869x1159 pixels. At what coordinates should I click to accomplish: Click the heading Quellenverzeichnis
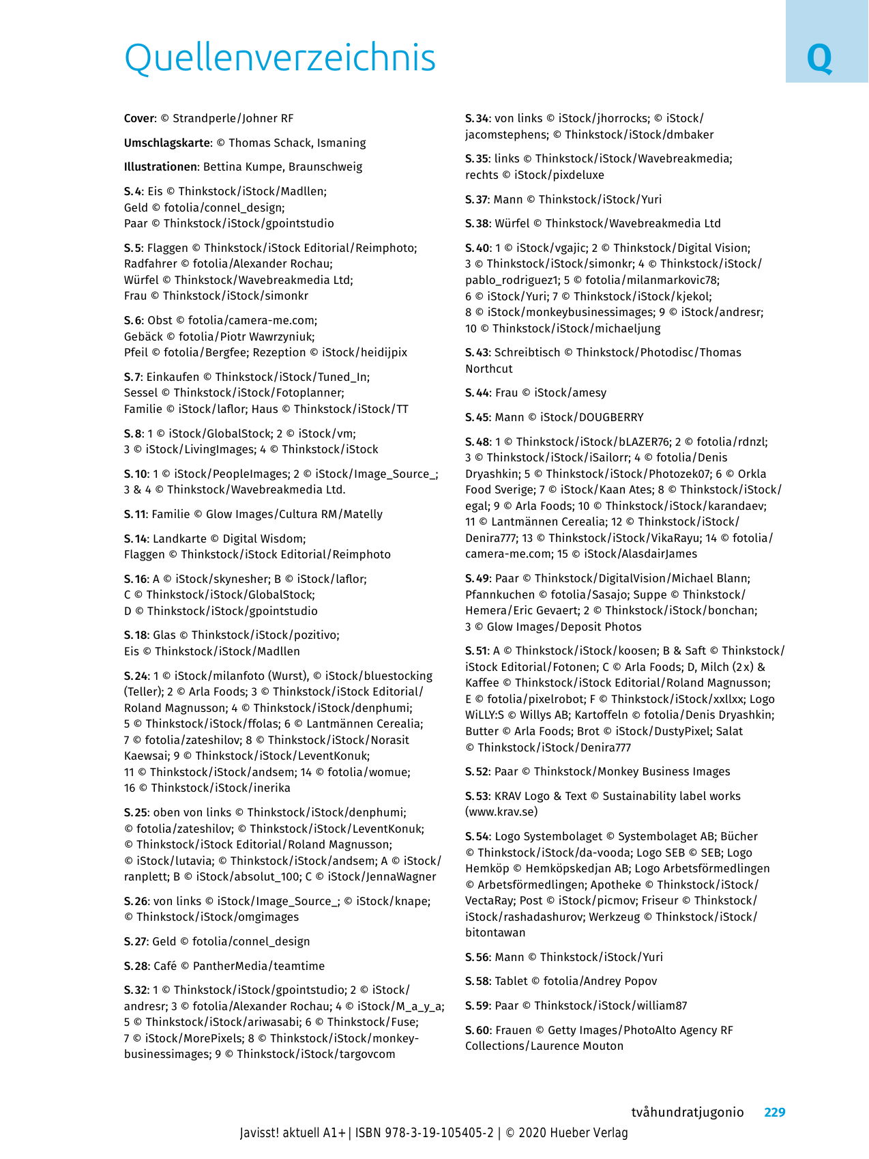[x=280, y=57]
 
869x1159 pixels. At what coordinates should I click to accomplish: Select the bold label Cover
[x=139, y=119]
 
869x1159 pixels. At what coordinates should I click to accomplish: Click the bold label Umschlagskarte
[x=167, y=143]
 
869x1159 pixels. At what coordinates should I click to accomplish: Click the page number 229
[x=774, y=1112]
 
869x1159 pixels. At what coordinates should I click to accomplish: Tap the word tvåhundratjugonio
[x=687, y=1112]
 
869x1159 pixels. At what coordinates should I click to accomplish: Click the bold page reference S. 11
[x=135, y=515]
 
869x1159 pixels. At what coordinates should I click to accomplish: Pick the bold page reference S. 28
[x=136, y=966]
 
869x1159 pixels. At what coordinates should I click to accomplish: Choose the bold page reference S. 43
[x=477, y=353]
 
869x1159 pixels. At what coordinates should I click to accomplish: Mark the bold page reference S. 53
[x=477, y=796]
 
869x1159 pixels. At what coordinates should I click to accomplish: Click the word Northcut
[x=488, y=369]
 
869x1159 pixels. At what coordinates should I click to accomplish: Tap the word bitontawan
[x=495, y=933]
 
